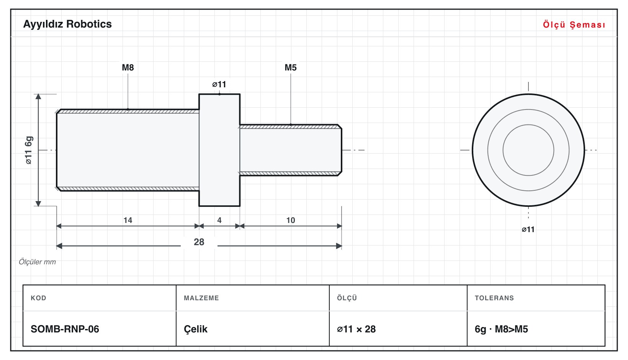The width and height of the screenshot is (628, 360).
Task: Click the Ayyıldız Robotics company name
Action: pyautogui.click(x=67, y=25)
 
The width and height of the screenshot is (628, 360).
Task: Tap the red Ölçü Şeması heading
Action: pyautogui.click(x=574, y=25)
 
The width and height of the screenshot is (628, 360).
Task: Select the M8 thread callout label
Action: pyautogui.click(x=128, y=67)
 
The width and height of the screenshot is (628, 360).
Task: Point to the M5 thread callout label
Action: pyautogui.click(x=290, y=67)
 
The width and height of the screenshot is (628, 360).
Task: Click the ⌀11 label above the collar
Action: pyautogui.click(x=219, y=84)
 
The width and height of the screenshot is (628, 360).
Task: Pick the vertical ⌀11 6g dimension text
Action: pyautogui.click(x=29, y=150)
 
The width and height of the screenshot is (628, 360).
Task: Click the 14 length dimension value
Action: pyautogui.click(x=128, y=220)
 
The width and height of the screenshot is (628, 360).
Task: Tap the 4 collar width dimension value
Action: pyautogui.click(x=219, y=220)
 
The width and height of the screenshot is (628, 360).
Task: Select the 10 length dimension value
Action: pyautogui.click(x=290, y=220)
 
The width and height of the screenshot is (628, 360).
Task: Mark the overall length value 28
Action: pyautogui.click(x=199, y=242)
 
